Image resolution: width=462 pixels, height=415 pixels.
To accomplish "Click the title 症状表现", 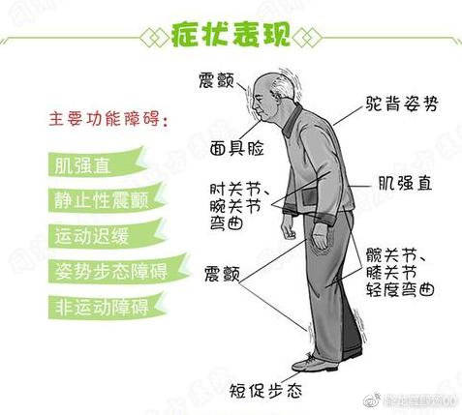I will [x=230, y=35].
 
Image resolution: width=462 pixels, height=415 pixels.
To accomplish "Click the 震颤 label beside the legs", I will [x=223, y=274].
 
